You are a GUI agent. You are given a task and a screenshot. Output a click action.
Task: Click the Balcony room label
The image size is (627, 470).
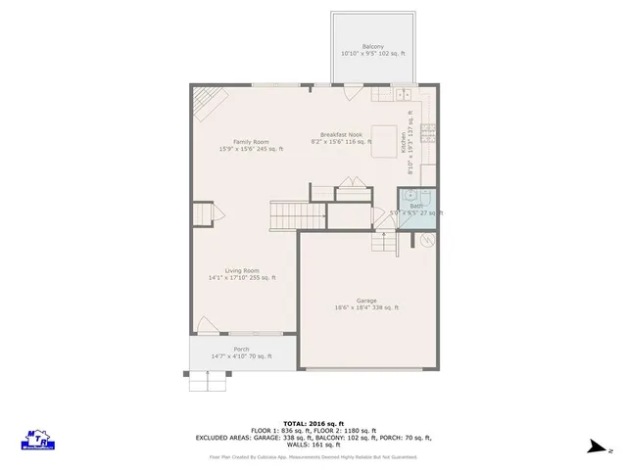(372, 47)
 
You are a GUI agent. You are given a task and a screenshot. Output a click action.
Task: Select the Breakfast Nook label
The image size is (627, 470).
(342, 135)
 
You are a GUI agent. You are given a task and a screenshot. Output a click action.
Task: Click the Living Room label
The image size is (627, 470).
(242, 271)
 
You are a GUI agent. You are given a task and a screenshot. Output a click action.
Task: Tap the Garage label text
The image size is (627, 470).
(366, 302)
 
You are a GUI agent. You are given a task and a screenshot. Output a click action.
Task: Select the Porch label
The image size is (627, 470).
(241, 350)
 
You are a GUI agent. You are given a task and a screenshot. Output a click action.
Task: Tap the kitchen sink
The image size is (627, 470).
(404, 95)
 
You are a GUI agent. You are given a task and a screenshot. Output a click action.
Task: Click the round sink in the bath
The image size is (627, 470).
(410, 195)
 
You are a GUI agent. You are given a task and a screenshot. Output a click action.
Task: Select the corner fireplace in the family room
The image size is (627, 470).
(202, 100)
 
